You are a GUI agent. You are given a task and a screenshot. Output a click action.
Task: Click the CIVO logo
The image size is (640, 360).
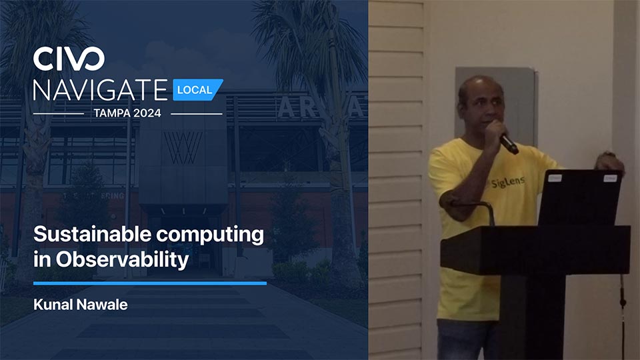click(x=69, y=59)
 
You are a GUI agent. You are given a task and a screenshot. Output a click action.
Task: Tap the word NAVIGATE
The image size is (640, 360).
click(x=101, y=90)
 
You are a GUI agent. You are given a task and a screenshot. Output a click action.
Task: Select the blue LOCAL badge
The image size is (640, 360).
click(x=197, y=90)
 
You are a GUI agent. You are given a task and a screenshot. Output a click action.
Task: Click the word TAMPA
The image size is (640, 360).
click(x=110, y=113)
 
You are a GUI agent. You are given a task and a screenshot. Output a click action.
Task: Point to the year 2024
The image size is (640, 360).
click(x=145, y=113)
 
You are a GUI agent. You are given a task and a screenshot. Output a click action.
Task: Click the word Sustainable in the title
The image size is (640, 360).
click(x=92, y=234)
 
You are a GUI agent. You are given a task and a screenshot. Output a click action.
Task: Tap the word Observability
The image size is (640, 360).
click(x=123, y=259)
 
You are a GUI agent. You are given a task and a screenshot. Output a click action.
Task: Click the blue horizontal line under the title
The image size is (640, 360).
click(x=150, y=283)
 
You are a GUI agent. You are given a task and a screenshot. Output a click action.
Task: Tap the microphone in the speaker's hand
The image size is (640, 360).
click(x=509, y=144)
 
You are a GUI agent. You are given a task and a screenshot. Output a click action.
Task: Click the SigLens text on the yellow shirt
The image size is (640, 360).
click(x=508, y=181)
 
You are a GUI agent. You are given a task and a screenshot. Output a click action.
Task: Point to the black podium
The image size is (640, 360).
click(x=535, y=286)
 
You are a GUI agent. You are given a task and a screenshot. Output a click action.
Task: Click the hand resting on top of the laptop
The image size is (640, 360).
click(x=610, y=162)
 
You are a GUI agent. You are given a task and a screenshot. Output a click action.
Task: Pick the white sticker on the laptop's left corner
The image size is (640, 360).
click(x=555, y=178)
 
